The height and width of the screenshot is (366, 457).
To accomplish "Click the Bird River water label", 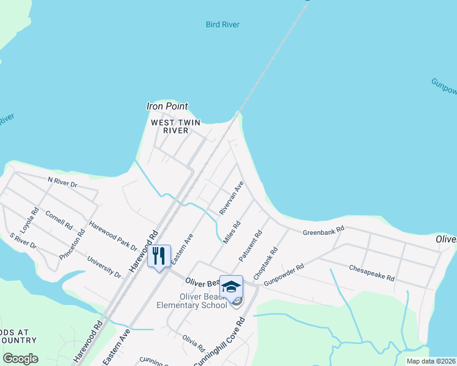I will [x=222, y=25].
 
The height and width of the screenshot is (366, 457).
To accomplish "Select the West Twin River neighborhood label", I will [x=176, y=126].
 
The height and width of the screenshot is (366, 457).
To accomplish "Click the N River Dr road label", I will [x=62, y=181].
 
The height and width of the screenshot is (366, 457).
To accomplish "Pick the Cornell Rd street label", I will [x=59, y=220].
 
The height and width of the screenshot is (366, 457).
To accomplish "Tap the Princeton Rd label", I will [x=72, y=245].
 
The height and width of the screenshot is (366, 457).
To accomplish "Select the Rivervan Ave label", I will [x=232, y=197].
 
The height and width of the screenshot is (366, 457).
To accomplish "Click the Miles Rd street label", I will [x=232, y=232].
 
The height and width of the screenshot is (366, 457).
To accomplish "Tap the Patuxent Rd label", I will [x=250, y=246].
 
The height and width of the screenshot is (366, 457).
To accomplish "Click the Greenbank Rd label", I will [x=324, y=230].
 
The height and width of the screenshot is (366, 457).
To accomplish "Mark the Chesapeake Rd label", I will [x=371, y=271].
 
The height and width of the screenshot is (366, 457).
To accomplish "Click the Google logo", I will [x=20, y=359].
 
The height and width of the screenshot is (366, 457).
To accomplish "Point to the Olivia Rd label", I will [x=194, y=343].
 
